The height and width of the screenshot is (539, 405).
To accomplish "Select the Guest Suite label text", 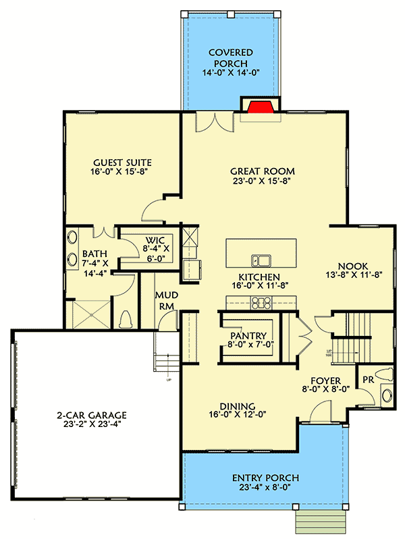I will coord(122,163).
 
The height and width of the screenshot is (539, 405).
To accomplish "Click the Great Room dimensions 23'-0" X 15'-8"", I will coord(263,181).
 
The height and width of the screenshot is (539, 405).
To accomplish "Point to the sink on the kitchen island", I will coord(261,260).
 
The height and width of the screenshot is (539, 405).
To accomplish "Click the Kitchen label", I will coord(259,277).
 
